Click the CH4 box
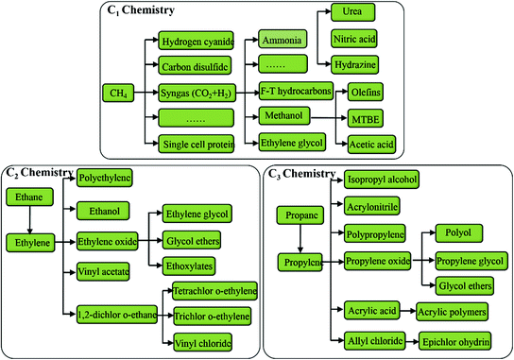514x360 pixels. pos(116,93)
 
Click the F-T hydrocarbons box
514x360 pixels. pos(294,93)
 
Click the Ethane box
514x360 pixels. pos(25,197)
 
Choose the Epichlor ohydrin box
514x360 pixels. pos(455,339)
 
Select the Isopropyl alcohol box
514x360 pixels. pos(382,179)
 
